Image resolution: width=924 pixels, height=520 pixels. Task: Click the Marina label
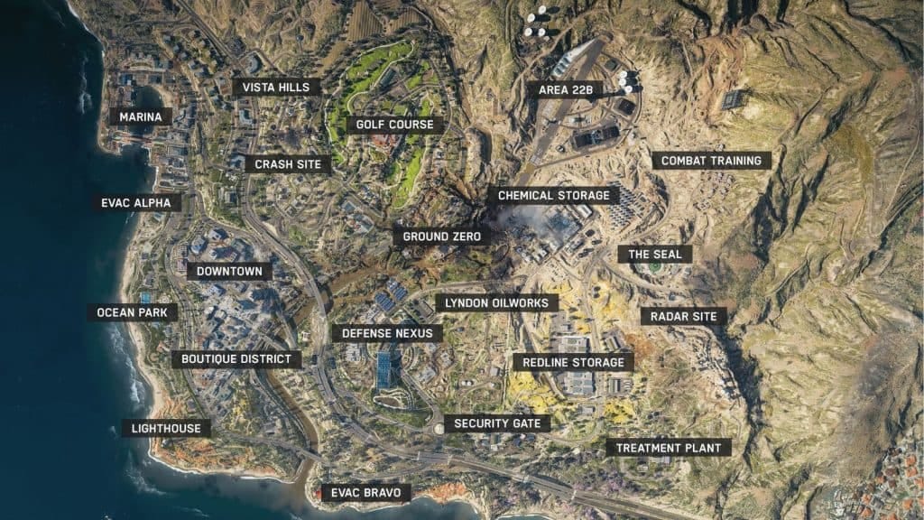[x=141, y=116]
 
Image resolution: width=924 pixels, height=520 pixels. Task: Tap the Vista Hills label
[x=276, y=87]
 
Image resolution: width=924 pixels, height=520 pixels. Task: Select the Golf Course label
[x=394, y=125]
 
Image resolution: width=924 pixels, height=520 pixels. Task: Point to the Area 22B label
[x=565, y=89]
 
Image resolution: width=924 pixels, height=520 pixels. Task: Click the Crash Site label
[x=287, y=164]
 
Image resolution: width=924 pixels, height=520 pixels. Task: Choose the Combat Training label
[x=711, y=161]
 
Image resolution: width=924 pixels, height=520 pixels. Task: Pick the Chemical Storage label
[x=554, y=195]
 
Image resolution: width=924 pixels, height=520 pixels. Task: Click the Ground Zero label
[x=441, y=237]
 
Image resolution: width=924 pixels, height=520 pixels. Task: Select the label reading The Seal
[x=655, y=255]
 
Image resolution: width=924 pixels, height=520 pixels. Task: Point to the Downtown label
[x=229, y=271]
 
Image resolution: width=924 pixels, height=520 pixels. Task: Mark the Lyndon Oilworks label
[x=496, y=302]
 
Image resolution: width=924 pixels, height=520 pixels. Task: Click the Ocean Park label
[x=132, y=313]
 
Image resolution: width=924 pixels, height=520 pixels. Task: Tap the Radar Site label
[x=683, y=316]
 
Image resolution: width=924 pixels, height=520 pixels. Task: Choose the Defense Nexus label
[x=387, y=333]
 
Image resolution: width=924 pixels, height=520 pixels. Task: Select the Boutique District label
[x=236, y=359]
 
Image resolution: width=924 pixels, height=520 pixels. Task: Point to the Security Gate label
[x=496, y=422]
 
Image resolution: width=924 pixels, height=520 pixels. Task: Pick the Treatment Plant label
[x=668, y=447]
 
